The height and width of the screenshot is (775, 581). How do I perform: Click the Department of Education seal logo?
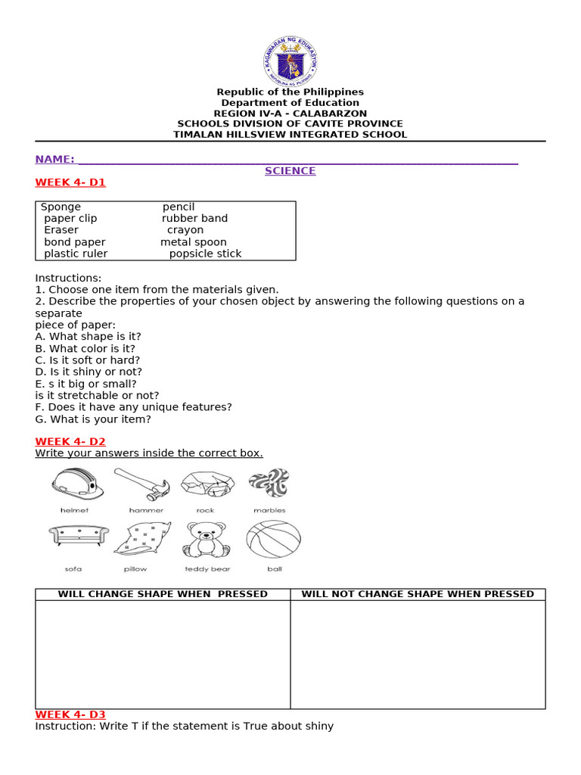coord(290,61)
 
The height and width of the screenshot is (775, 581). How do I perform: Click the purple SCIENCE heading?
coord(290,171)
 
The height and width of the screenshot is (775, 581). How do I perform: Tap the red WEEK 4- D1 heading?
coord(70,182)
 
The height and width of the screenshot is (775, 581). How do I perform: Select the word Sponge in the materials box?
coord(61,207)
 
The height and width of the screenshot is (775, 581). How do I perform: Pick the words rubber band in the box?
coord(194,218)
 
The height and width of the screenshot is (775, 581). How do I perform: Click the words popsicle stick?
coord(205,254)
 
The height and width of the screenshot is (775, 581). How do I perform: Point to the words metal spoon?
coord(193,242)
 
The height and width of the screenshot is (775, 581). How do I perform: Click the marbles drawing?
coord(269,484)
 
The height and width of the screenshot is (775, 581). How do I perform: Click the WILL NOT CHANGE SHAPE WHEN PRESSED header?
coord(418,594)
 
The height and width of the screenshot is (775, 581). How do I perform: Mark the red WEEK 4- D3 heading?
coord(70,714)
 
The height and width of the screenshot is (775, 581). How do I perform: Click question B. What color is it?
coord(85,348)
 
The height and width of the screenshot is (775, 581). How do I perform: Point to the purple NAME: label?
coord(54,159)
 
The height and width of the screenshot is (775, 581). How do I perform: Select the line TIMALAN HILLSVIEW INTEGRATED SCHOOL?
coord(290,135)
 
